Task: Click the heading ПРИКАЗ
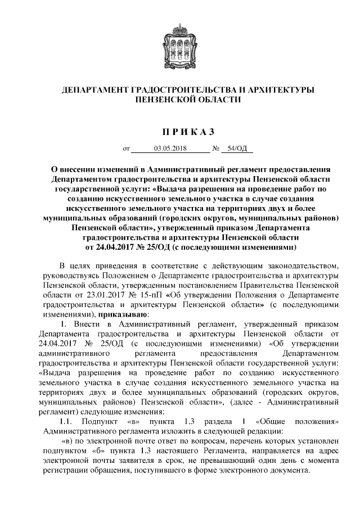click(180, 132)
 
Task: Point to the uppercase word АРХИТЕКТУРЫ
click(274, 89)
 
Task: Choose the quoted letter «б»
click(110, 451)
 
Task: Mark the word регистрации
click(64, 471)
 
